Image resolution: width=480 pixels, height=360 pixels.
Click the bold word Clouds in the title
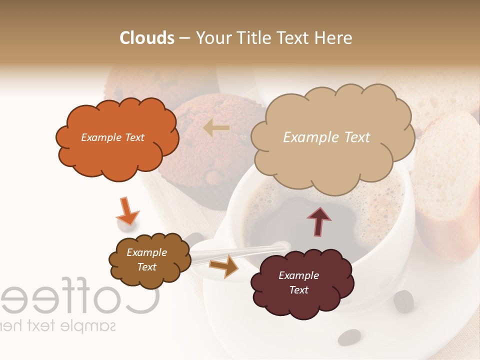tap(147, 38)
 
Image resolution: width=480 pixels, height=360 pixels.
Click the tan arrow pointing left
tap(216, 128)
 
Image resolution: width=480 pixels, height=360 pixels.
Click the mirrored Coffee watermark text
tap(80, 299)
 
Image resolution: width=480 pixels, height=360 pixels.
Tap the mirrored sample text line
tap(57, 326)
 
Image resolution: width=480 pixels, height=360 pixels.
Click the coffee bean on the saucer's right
tap(403, 301)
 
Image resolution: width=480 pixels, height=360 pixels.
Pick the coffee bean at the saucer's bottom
tap(349, 337)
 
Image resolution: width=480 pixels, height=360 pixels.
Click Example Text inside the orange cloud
tap(112, 137)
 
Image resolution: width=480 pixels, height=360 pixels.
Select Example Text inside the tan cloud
tap(326, 137)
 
